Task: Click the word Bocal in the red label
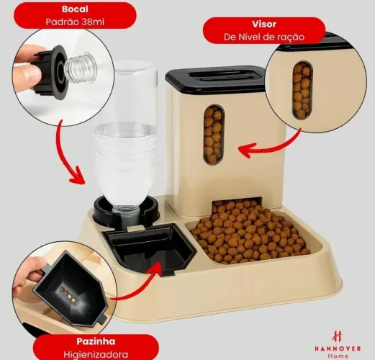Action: click(x=75, y=9)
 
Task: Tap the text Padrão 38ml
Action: click(x=75, y=22)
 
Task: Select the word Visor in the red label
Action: click(x=264, y=24)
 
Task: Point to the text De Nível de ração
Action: click(x=264, y=37)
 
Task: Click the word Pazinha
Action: click(x=96, y=341)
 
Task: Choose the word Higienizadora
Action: click(x=96, y=354)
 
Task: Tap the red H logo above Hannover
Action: click(x=338, y=336)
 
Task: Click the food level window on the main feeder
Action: click(x=214, y=135)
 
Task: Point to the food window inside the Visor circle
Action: click(x=302, y=90)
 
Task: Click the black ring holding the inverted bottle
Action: click(x=126, y=211)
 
